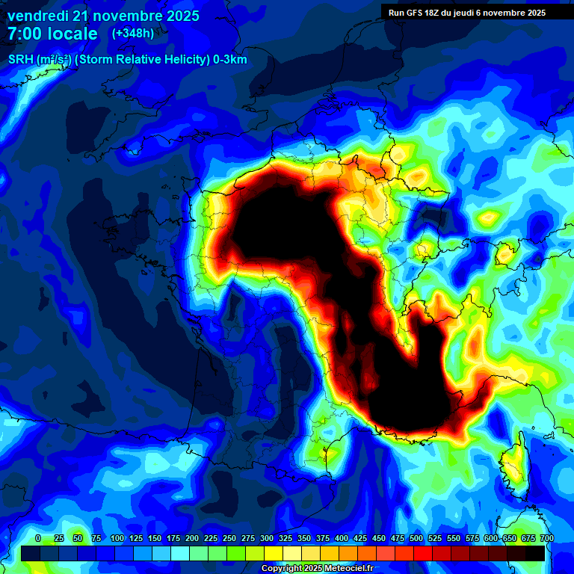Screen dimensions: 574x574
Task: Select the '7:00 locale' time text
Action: coord(52,34)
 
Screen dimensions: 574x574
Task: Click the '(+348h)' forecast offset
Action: coord(132,33)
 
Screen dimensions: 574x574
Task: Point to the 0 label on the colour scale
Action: coord(38,539)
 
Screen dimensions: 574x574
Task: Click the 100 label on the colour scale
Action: coord(117,539)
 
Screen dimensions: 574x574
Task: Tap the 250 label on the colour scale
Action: coord(229,539)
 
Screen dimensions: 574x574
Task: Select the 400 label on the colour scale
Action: coord(342,539)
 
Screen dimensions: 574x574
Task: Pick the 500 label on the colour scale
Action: coord(416,539)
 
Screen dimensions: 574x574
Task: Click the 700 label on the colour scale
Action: coord(546,539)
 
